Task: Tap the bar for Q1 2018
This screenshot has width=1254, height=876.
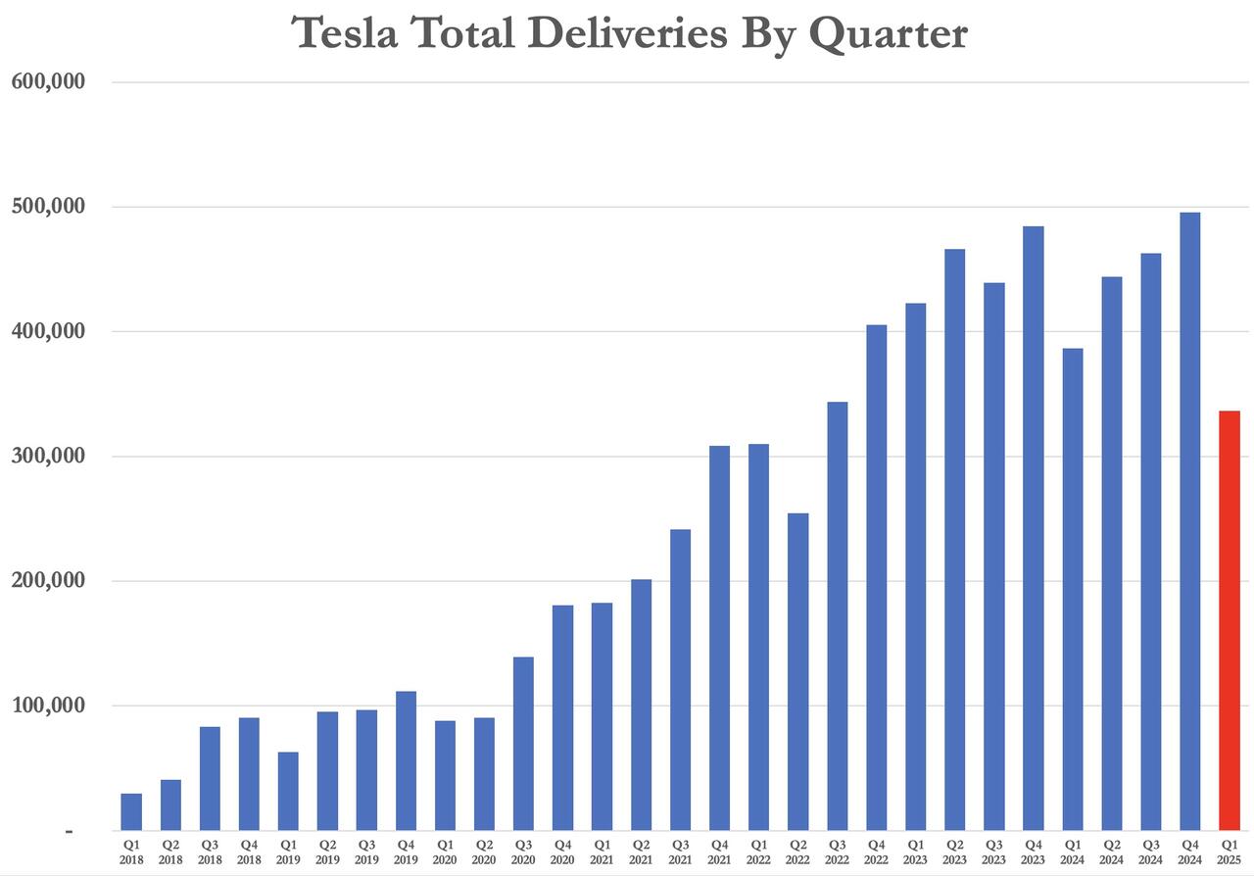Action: [131, 811]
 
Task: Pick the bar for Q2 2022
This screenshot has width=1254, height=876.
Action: [798, 671]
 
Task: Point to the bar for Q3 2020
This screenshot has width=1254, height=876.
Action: [523, 744]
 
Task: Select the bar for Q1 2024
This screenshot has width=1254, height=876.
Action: [1073, 589]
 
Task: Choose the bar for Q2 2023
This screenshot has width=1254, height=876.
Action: [955, 540]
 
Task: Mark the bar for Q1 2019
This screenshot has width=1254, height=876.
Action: [288, 791]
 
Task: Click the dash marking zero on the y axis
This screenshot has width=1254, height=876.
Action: [69, 831]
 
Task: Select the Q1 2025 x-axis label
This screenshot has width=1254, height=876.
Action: [1230, 851]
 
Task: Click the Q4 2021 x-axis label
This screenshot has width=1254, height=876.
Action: [720, 851]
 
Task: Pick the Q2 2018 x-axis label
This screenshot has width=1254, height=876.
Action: [170, 851]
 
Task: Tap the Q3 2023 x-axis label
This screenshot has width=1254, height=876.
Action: [994, 851]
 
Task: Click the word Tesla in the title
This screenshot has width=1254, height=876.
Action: [347, 33]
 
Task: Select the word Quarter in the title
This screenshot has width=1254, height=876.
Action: [888, 35]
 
